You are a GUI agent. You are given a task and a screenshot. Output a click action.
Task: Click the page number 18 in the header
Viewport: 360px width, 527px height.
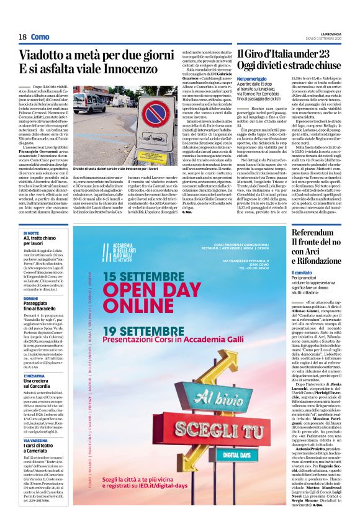click(22, 37)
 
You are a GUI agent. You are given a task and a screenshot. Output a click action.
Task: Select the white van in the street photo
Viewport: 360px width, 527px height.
click(89, 102)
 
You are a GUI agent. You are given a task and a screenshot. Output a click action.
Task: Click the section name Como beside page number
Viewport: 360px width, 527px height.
click(40, 37)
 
